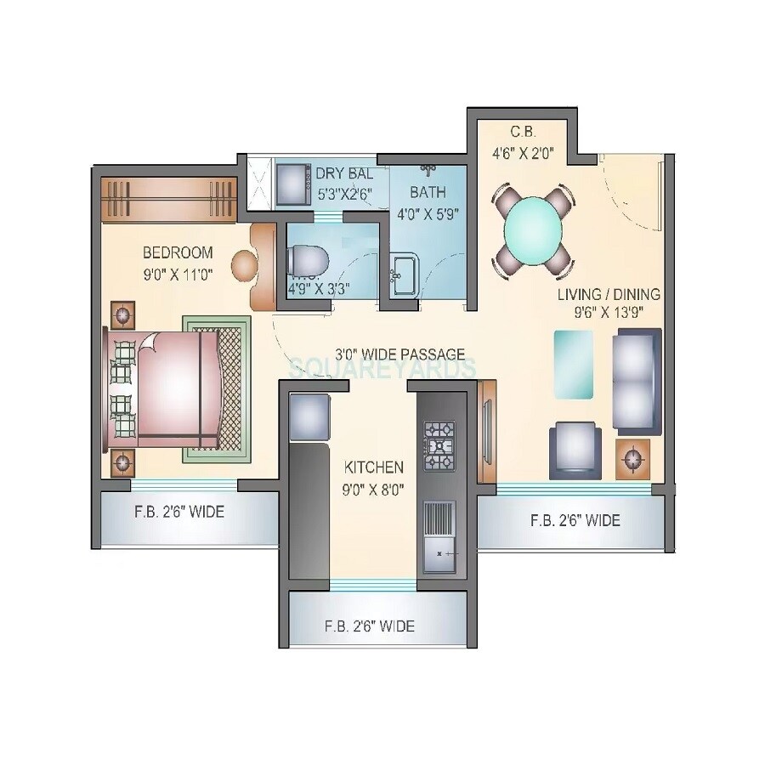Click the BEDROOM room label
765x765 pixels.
[178, 252]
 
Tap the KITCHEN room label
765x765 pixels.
[373, 467]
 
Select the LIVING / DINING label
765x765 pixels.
[609, 294]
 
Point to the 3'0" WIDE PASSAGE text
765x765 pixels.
[399, 354]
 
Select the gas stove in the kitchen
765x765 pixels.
[439, 446]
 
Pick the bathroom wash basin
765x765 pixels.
[404, 274]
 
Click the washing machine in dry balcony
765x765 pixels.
[294, 183]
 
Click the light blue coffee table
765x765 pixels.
[575, 364]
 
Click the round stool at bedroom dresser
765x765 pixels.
[246, 266]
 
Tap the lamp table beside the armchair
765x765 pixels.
[633, 460]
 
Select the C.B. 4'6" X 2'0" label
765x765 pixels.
[521, 143]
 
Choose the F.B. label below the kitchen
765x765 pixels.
[370, 626]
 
